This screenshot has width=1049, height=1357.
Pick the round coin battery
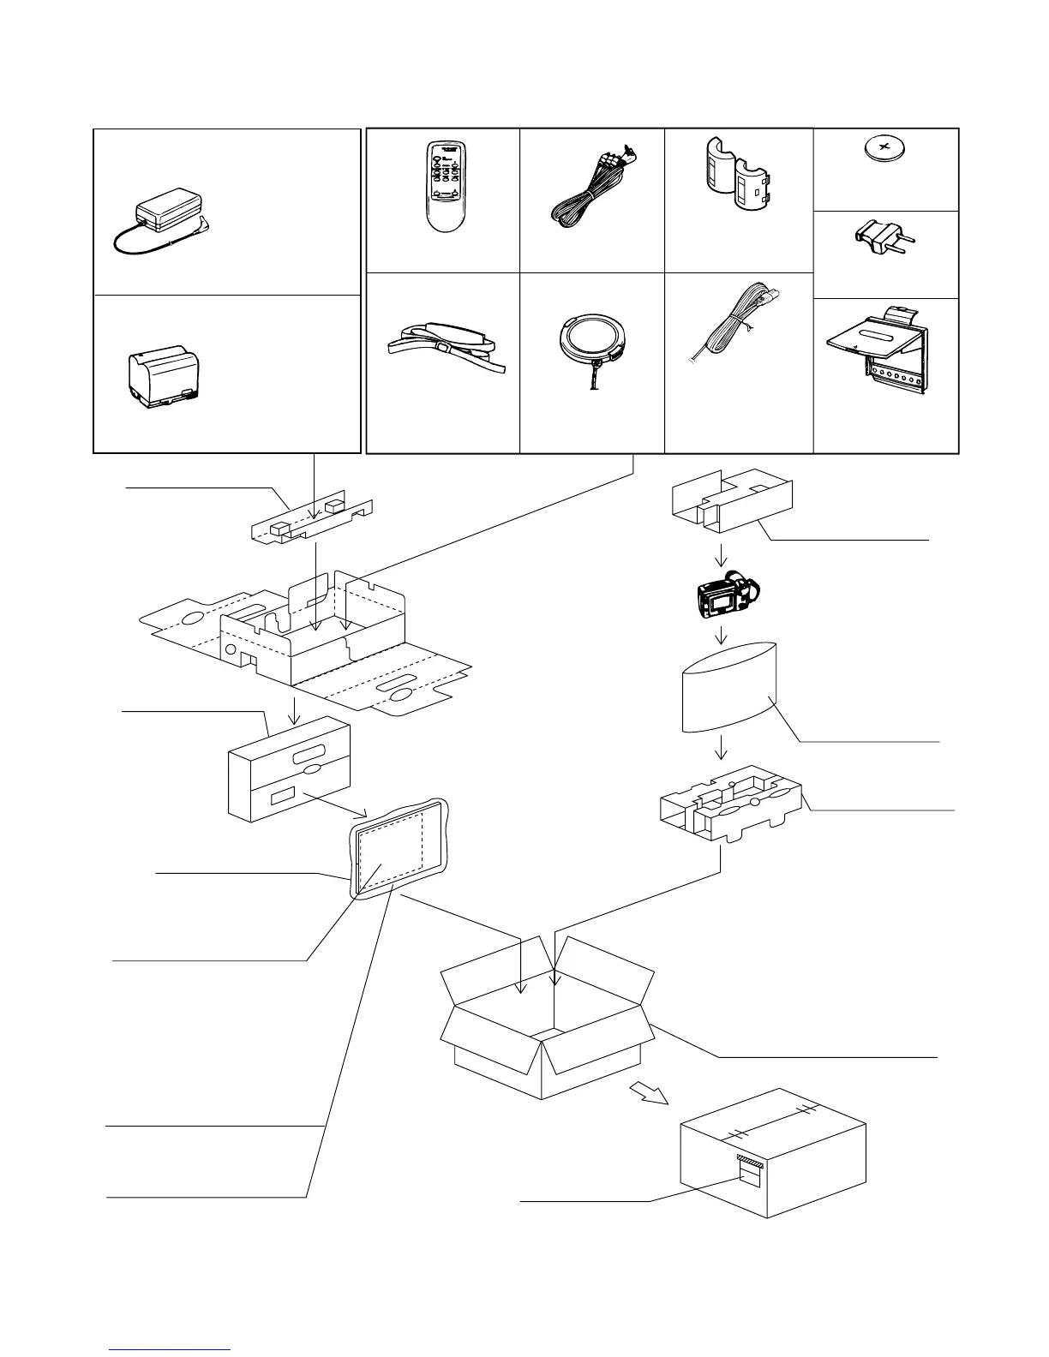click(x=885, y=151)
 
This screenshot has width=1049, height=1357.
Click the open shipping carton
click(x=546, y=1019)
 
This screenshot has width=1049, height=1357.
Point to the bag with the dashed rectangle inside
click(x=399, y=849)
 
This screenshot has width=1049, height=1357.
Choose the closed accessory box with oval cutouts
click(x=289, y=768)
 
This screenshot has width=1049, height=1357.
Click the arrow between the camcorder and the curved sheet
click(x=722, y=635)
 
